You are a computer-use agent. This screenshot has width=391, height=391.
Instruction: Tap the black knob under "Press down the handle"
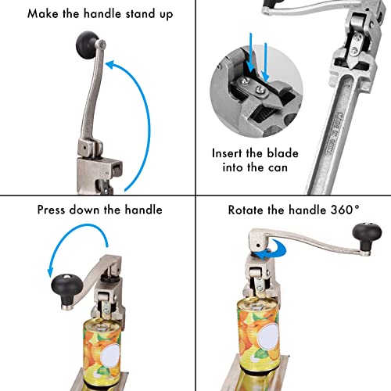[x=65, y=282]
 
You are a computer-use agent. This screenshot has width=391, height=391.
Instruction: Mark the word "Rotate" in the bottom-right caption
[x=247, y=210]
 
